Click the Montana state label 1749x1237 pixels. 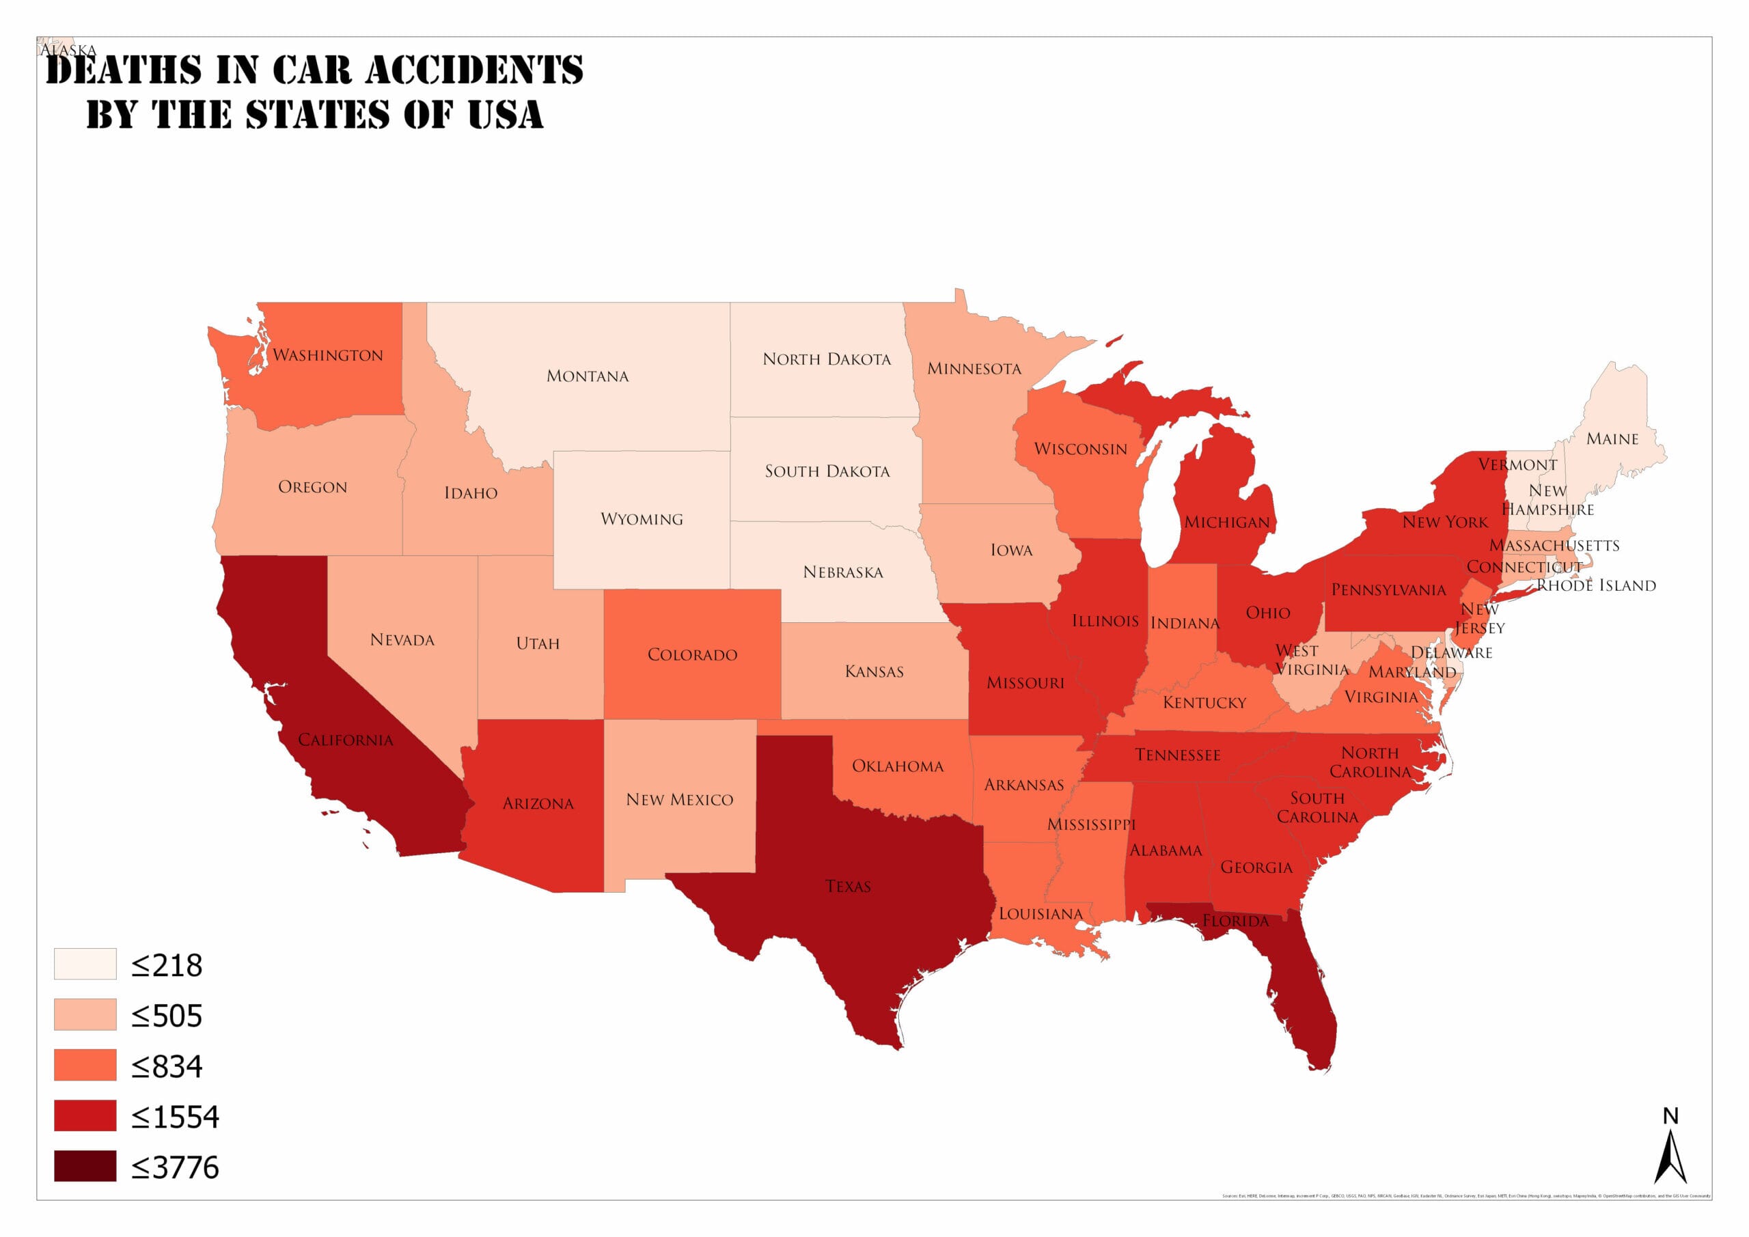click(x=588, y=376)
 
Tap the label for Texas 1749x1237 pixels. click(x=848, y=887)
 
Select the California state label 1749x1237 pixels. click(x=345, y=740)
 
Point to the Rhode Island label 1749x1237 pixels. click(x=1596, y=586)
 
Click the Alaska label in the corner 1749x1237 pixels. click(x=68, y=51)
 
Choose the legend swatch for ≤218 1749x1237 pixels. click(x=85, y=964)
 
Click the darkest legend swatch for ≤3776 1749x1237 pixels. click(x=85, y=1166)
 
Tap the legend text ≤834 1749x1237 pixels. click(x=167, y=1066)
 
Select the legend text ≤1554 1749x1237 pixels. click(x=175, y=1117)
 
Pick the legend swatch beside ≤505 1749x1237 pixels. click(x=85, y=1014)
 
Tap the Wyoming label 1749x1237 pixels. click(x=642, y=520)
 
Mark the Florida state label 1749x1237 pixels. click(x=1236, y=921)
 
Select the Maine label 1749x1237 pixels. click(x=1612, y=439)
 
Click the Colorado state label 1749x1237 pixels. click(x=691, y=655)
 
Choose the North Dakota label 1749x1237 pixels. click(x=827, y=359)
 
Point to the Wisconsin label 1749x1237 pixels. click(x=1080, y=449)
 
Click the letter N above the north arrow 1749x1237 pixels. click(x=1670, y=1117)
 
